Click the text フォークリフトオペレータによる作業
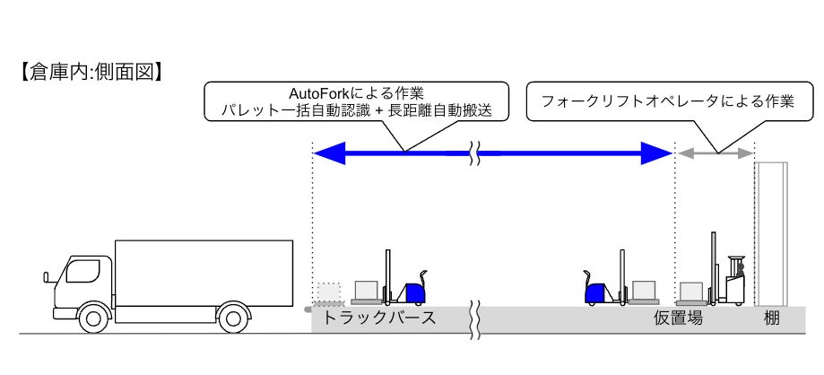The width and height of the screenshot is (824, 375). click(x=668, y=101)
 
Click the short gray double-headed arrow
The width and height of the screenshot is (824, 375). click(x=715, y=154)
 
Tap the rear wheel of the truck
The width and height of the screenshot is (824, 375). click(x=233, y=316)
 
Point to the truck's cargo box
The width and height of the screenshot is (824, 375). click(x=204, y=273)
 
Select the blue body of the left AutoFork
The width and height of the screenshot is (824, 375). click(x=413, y=292)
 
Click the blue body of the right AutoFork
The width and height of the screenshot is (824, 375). click(x=595, y=292)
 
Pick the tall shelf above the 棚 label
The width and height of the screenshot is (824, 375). click(x=770, y=233)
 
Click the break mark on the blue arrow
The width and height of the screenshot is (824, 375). click(x=478, y=154)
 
